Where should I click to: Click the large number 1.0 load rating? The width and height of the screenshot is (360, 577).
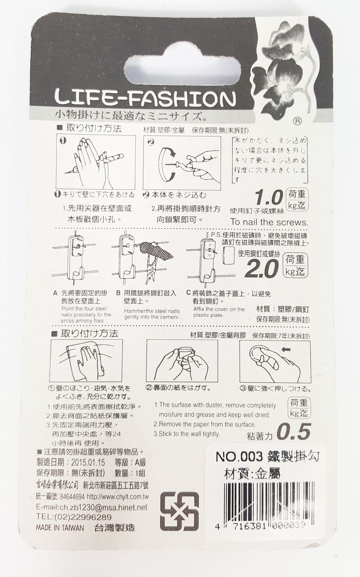point(268,198)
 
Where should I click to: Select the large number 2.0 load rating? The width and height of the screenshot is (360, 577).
point(264,269)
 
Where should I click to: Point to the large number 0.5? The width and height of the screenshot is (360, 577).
point(295,431)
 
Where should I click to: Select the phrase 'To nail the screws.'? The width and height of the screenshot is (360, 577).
point(269,222)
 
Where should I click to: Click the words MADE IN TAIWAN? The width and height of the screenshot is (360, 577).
point(60,528)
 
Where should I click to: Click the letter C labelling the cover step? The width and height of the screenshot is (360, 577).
point(188,293)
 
